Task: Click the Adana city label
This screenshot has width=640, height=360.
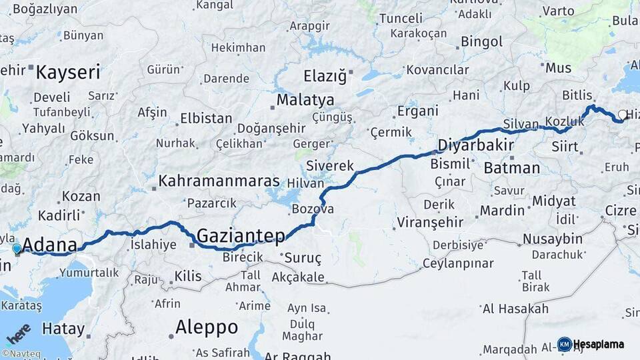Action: tap(49, 245)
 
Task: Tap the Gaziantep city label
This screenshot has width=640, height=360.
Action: tap(241, 235)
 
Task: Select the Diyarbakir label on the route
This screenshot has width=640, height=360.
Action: tap(475, 145)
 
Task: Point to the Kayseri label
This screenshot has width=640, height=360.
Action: tap(68, 72)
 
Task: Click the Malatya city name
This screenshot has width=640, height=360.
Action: tap(305, 100)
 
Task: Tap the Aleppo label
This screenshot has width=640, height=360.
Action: tap(206, 327)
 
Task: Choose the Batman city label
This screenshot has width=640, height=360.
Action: tap(511, 167)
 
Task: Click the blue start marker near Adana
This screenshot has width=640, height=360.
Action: tap(17, 249)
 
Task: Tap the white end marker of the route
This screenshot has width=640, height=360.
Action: tap(622, 115)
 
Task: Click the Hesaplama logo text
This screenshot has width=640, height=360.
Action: tap(599, 344)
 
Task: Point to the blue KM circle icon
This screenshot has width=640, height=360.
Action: tap(564, 344)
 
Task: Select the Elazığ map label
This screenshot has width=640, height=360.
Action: tap(325, 76)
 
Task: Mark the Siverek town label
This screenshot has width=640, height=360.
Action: tap(329, 165)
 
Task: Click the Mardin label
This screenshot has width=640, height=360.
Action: tap(502, 211)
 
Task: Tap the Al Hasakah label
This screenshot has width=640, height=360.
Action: tap(515, 309)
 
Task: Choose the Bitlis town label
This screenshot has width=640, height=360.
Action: tap(577, 95)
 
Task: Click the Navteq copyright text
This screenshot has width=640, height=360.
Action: tap(21, 354)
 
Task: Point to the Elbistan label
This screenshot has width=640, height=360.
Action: tap(206, 119)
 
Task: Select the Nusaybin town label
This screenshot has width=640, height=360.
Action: tap(552, 239)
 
